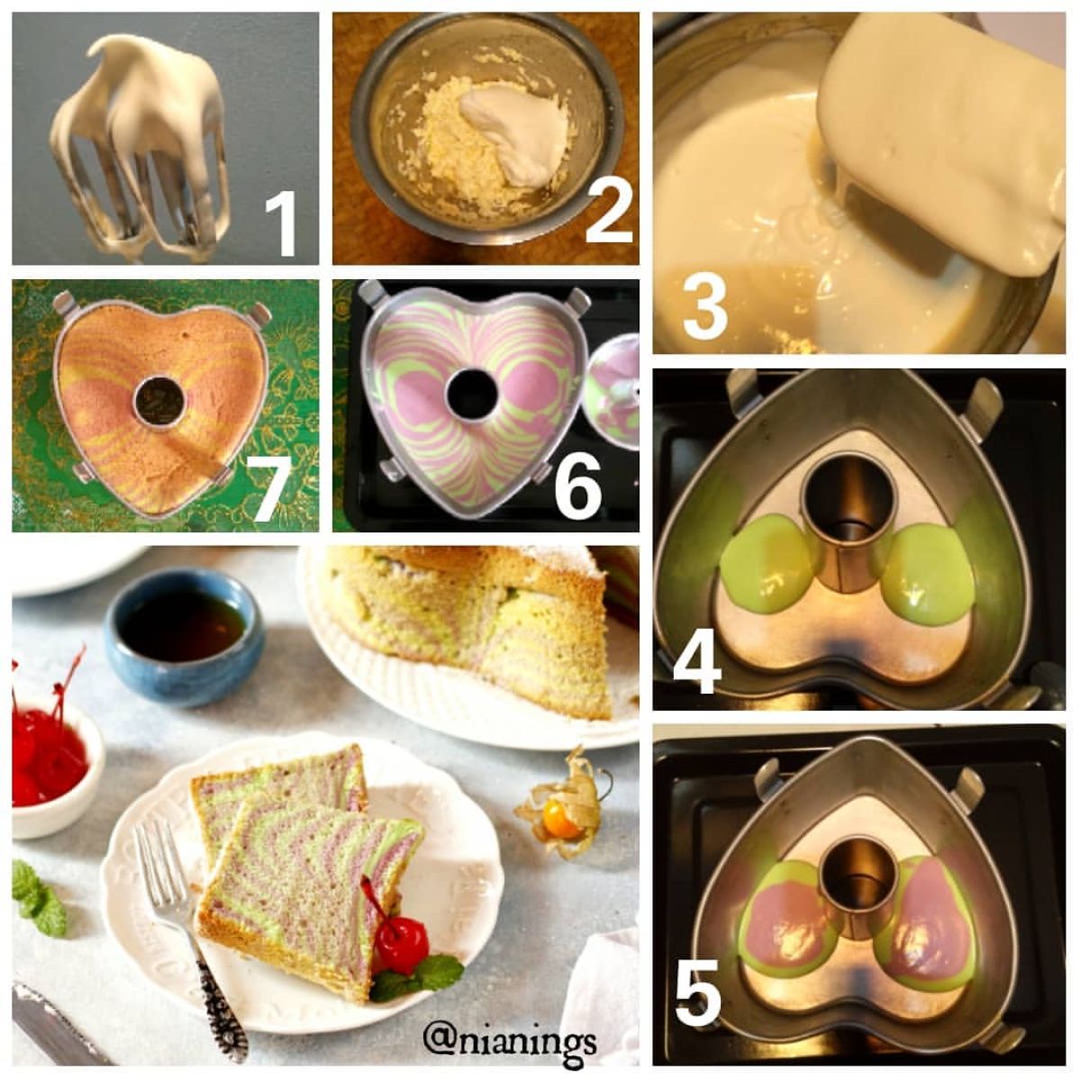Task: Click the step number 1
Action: coord(280,224)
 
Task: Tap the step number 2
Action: coord(609,211)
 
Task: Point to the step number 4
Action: coord(697,661)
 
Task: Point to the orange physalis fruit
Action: coord(561,823)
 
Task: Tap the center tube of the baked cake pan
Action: coord(159,401)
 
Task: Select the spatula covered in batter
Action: coord(940,146)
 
